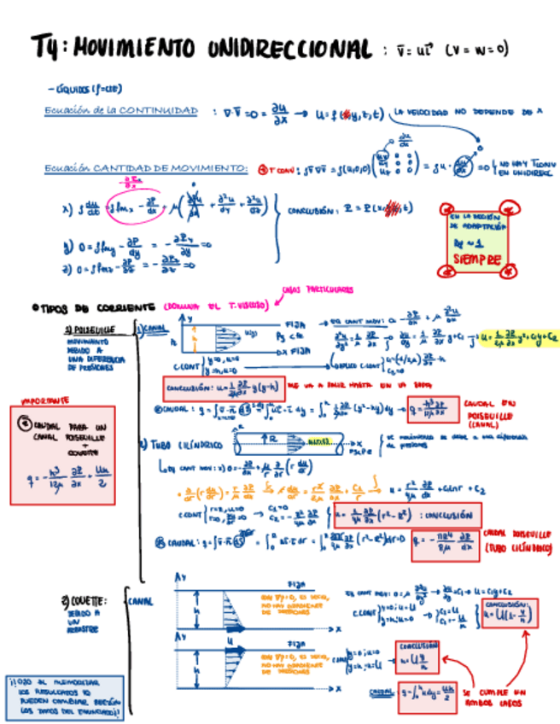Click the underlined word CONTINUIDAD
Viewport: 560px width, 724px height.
point(159,111)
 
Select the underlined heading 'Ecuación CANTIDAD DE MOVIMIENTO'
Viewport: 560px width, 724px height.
point(146,169)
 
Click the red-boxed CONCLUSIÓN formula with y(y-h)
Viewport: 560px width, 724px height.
point(223,388)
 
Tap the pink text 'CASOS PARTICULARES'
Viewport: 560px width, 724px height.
point(318,289)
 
